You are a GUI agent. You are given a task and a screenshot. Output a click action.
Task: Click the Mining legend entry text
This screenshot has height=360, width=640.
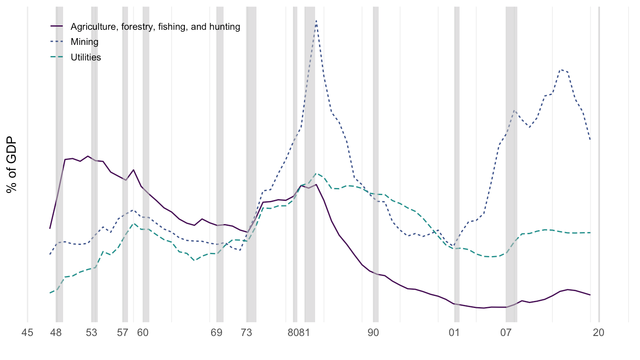[x=84, y=42]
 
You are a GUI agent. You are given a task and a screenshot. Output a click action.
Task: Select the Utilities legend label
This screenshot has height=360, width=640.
[x=86, y=57]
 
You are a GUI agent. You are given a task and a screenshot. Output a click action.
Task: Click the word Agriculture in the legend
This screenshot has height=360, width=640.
[x=91, y=27]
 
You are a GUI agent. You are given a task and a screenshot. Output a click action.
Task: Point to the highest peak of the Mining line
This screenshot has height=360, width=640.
[x=316, y=20]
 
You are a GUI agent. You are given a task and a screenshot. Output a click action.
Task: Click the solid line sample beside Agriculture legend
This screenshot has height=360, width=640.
[x=57, y=27]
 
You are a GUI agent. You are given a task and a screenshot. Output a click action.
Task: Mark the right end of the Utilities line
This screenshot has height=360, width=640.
[x=590, y=232]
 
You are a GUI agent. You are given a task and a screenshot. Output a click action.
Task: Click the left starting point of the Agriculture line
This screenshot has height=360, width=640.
[x=50, y=228]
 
